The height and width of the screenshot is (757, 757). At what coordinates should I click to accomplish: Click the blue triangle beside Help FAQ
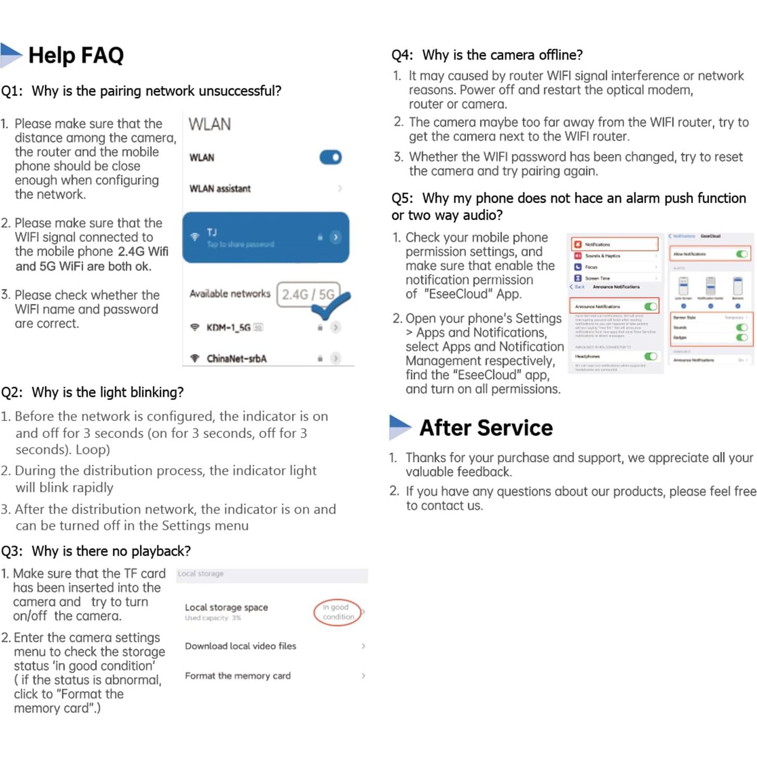point(10,55)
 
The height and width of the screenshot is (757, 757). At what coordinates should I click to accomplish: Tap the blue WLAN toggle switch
point(330,157)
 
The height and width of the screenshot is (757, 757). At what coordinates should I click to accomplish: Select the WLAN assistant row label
point(220,189)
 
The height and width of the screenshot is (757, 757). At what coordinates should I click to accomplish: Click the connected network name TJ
point(212,232)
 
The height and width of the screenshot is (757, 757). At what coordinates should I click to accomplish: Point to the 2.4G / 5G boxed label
point(308,295)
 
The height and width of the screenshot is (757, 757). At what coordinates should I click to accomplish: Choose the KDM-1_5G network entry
point(229,327)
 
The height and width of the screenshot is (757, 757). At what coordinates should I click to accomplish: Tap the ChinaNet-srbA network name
point(236,358)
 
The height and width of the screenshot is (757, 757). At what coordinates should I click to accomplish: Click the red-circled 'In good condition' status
point(337,612)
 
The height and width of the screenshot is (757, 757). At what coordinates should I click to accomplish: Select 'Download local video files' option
point(241,646)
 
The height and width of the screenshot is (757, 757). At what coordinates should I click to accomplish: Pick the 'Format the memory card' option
point(238,675)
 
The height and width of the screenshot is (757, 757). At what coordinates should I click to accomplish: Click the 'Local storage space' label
point(227,607)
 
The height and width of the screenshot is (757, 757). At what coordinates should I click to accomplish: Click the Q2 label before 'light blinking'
point(11,392)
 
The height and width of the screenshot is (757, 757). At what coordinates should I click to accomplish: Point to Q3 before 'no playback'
point(11,551)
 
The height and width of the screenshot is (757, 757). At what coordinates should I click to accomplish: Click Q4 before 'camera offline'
point(402,55)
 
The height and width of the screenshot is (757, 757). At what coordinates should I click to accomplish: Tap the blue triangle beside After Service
point(399,427)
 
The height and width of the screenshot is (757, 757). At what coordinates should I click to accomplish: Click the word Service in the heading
point(515,428)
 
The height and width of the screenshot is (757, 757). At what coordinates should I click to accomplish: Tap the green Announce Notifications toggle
point(650,307)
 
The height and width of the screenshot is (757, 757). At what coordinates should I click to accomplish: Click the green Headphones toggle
point(650,356)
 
